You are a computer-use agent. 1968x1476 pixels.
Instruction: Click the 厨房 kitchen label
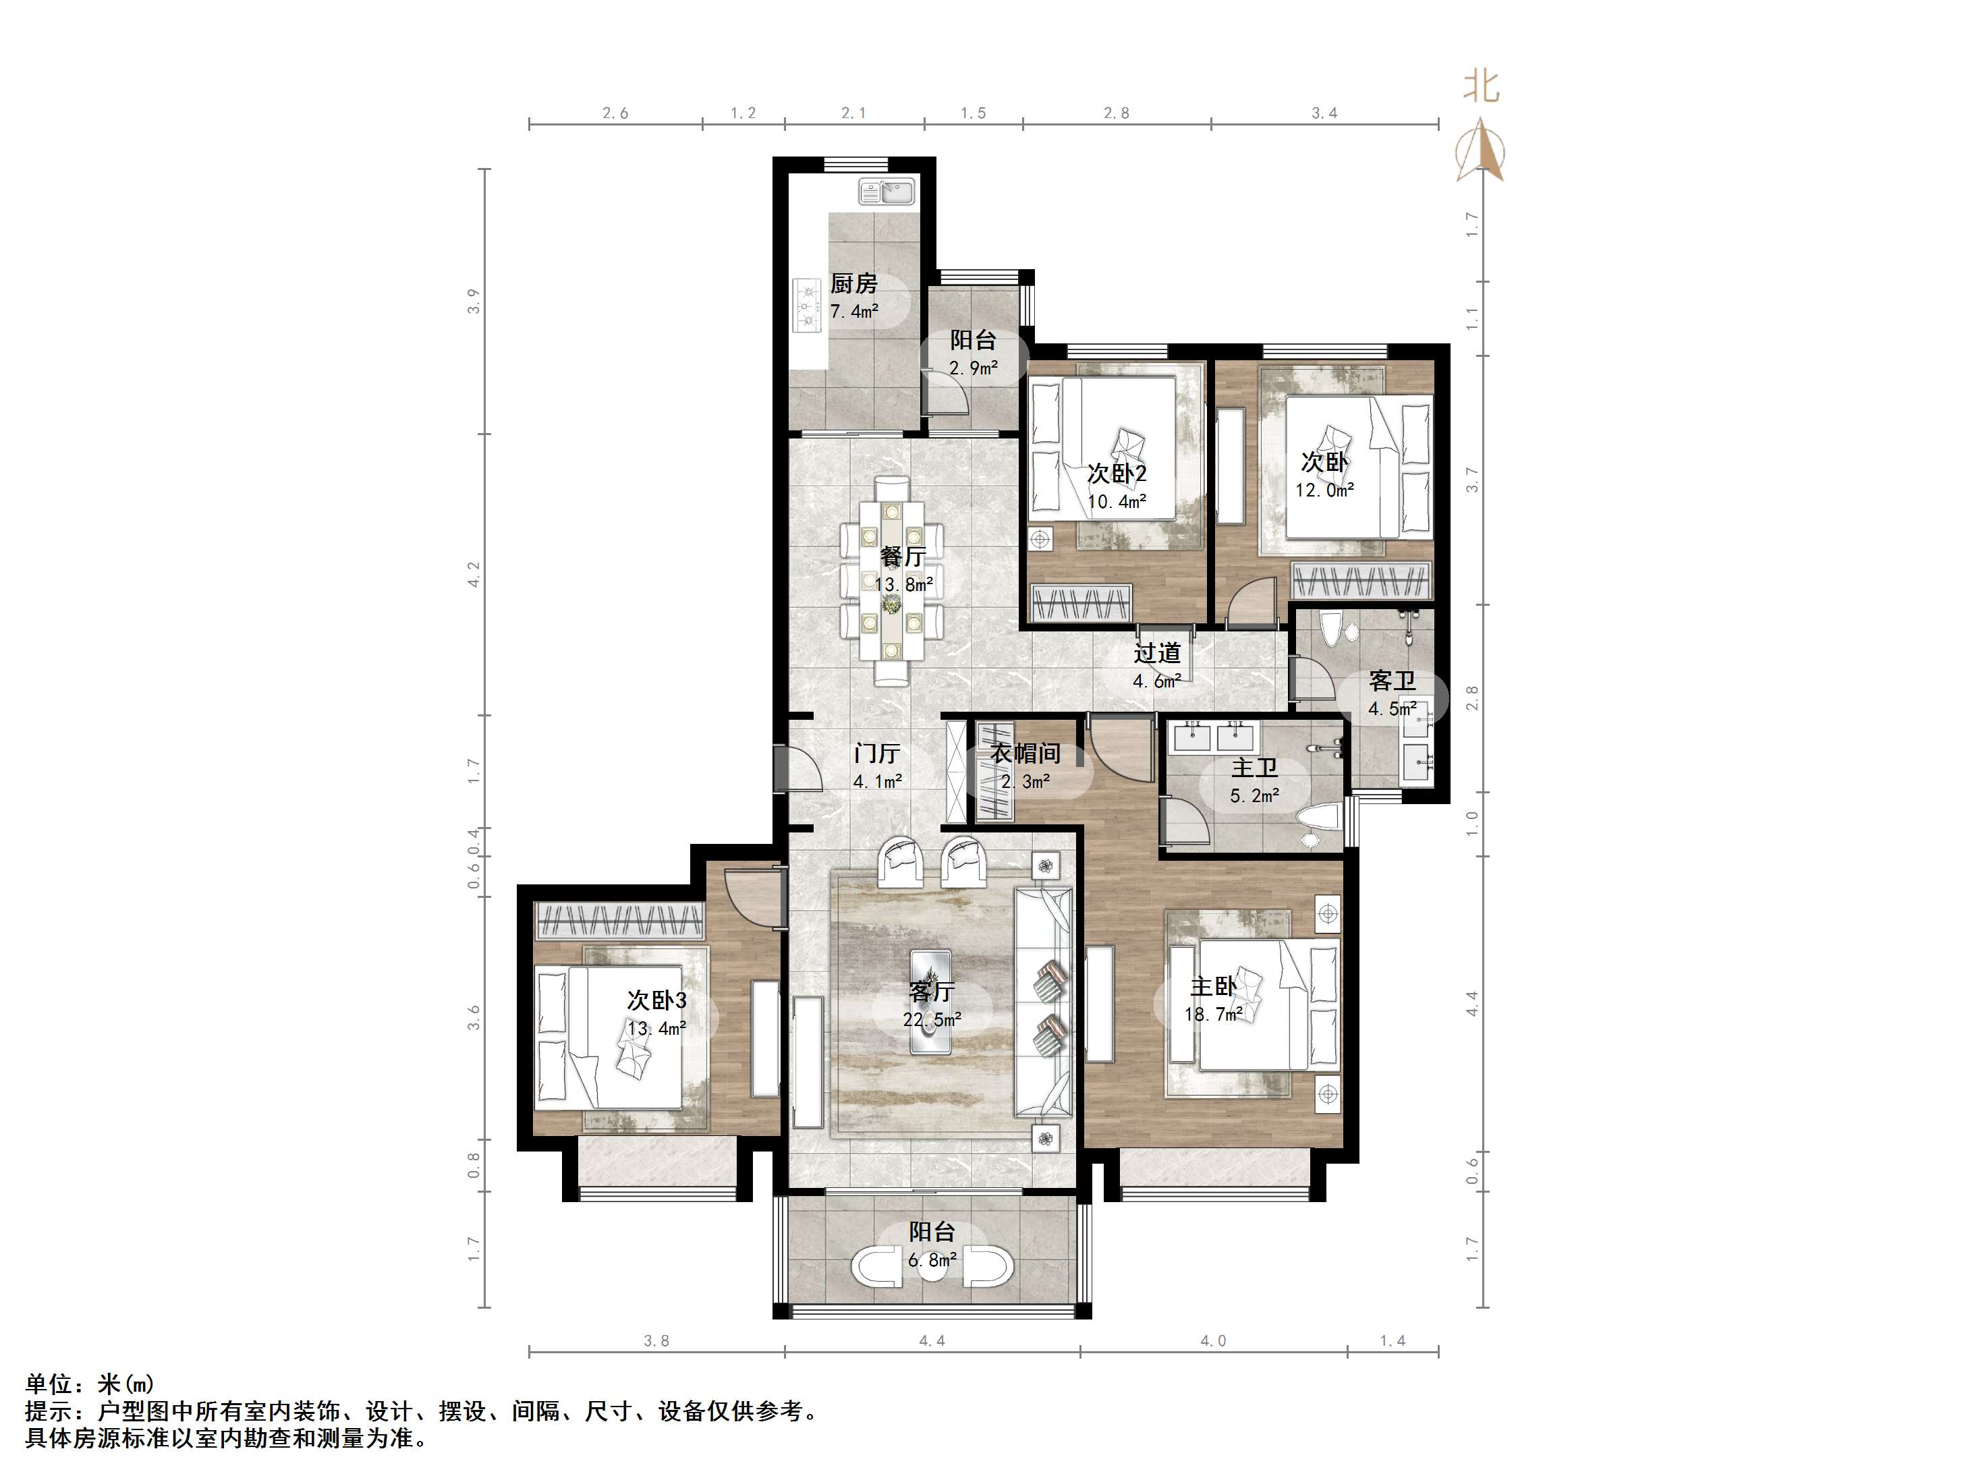(x=853, y=284)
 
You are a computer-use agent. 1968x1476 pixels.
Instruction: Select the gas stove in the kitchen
(x=807, y=305)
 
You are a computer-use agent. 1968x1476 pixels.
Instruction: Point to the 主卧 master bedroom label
(x=1214, y=986)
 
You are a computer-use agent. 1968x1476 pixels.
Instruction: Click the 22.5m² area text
(x=932, y=1019)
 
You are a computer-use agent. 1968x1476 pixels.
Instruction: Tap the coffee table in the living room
(x=930, y=1002)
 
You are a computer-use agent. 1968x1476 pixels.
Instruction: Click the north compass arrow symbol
(x=1480, y=150)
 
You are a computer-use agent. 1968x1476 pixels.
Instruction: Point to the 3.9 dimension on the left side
(x=474, y=301)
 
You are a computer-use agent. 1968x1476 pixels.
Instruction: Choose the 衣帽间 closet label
(x=1025, y=754)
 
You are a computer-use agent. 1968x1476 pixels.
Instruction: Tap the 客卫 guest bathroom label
(x=1393, y=681)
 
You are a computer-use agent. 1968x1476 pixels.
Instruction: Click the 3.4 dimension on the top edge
(x=1324, y=113)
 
